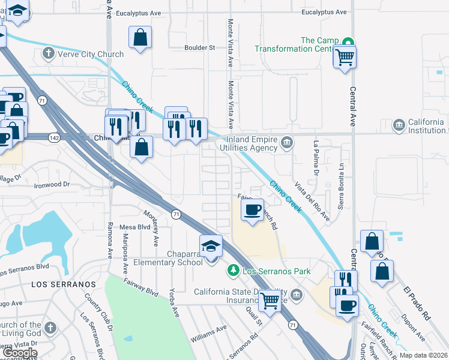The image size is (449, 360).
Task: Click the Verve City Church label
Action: click(91, 54)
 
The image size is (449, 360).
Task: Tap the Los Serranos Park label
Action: click(276, 271)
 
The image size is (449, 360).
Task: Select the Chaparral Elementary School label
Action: click(168, 257)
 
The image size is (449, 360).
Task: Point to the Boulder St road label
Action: click(200, 47)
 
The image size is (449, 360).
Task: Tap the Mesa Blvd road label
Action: click(135, 227)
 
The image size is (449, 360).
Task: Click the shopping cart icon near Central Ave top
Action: click(345, 58)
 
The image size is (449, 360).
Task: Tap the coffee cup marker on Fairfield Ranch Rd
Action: click(252, 209)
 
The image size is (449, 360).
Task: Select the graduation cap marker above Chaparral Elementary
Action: click(211, 247)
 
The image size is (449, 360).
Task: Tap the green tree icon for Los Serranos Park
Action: click(234, 271)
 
